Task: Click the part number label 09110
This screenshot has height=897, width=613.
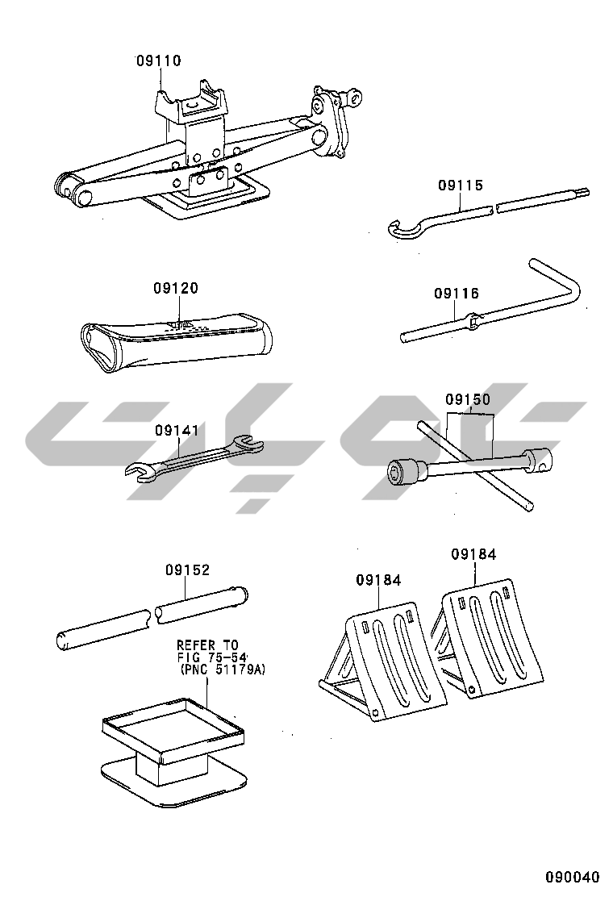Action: coord(158,60)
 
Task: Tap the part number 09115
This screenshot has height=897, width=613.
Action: coord(461,185)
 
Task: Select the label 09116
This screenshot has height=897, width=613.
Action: coord(457,294)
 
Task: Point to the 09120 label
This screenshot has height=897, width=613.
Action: coord(176,288)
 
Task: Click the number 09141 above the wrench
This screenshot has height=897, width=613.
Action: coord(177,430)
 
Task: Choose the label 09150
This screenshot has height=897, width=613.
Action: coord(468,399)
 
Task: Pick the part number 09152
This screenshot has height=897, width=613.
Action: coord(188,569)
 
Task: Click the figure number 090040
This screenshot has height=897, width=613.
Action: coord(572,877)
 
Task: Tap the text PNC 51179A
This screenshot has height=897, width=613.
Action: coord(223,669)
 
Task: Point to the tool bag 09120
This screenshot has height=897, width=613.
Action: coord(176,341)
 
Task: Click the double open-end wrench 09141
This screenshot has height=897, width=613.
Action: coord(194,457)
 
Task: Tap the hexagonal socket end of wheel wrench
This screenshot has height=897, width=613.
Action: coord(403,472)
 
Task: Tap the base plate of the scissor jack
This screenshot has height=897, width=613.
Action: coord(209,198)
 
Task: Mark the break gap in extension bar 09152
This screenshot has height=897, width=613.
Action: coord(152,616)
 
